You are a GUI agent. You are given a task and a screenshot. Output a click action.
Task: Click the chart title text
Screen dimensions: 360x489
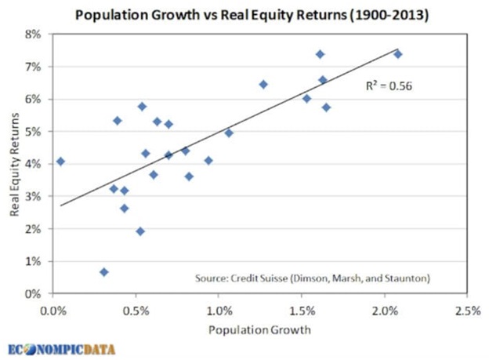(244, 13)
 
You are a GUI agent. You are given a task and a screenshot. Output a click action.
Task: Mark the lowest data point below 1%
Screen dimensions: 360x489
(104, 272)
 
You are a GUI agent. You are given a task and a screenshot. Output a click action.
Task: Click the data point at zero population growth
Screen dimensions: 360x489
(60, 162)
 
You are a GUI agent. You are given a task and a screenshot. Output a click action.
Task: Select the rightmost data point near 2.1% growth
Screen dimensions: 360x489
(398, 54)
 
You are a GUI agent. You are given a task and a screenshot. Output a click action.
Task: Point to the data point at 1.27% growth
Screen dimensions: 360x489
(263, 84)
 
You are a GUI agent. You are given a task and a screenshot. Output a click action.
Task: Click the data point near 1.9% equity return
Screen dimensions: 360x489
(140, 231)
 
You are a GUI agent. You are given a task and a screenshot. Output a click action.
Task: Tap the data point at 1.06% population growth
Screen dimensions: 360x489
(229, 133)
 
